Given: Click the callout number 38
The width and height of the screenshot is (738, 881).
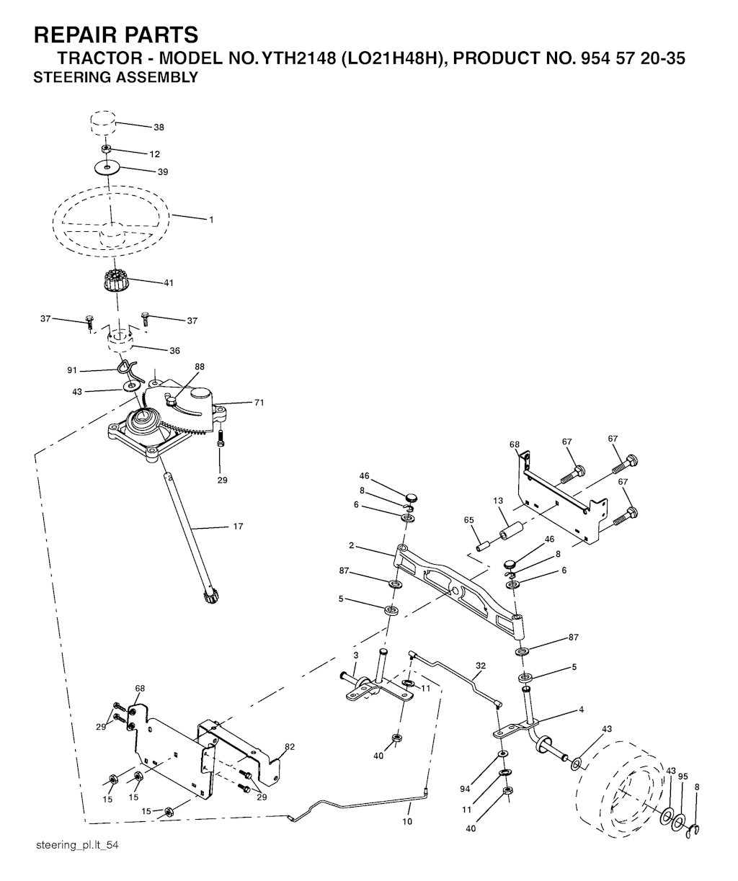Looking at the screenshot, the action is (x=159, y=127).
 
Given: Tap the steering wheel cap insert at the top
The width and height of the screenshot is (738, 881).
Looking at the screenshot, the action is (x=103, y=122).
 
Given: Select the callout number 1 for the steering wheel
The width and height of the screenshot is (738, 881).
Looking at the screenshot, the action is (x=211, y=220).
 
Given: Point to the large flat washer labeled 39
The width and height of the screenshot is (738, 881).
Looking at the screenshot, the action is (x=107, y=168).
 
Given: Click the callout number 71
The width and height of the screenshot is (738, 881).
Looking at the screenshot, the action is (x=259, y=403).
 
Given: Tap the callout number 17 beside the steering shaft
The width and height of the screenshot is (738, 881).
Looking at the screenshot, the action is (x=238, y=526).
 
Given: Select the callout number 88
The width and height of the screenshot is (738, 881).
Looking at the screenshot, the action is (x=200, y=367).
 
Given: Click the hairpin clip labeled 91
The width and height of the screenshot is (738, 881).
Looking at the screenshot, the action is (x=130, y=370).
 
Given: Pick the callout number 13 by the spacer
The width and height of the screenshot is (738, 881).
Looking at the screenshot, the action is (x=498, y=501).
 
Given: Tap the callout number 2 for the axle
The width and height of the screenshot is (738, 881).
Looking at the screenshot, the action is (x=351, y=545).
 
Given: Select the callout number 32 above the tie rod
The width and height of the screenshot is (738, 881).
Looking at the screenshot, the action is (x=481, y=666).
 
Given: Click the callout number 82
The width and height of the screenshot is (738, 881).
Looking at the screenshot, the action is (x=290, y=747).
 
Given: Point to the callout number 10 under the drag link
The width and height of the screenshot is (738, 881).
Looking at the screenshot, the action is (x=407, y=821).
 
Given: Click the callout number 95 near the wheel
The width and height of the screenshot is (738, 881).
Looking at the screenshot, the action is (x=683, y=777).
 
